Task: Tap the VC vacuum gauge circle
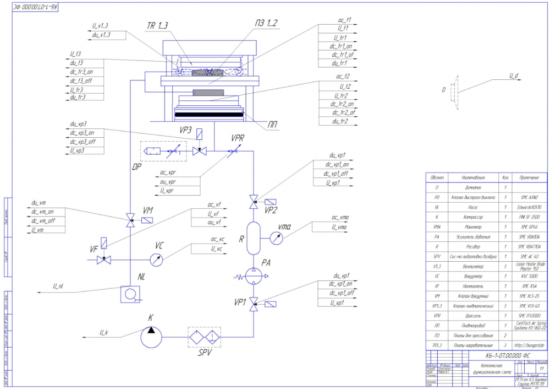click(x=157, y=260)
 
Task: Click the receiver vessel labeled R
click(x=254, y=238)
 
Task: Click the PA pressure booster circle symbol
click(x=254, y=275)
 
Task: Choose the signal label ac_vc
click(x=218, y=239)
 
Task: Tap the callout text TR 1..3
click(x=157, y=26)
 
